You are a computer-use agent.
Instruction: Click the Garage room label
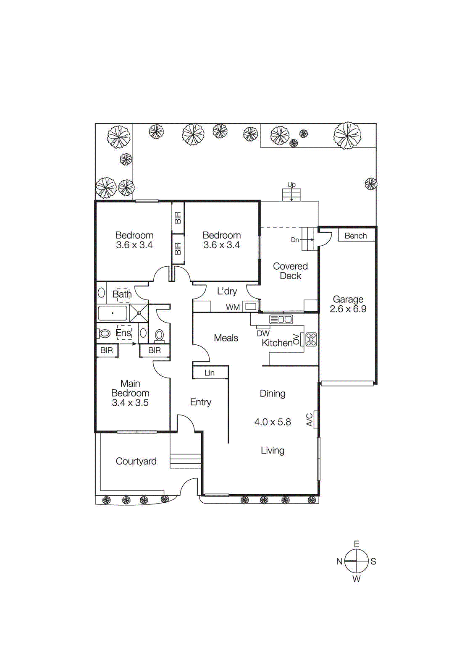(348, 299)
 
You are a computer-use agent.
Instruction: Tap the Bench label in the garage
(356, 236)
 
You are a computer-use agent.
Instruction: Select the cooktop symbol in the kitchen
(311, 339)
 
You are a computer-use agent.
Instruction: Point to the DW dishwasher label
(263, 333)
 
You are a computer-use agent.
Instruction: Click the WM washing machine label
(233, 307)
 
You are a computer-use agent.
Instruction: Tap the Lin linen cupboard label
(210, 373)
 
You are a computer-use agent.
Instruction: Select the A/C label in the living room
(310, 420)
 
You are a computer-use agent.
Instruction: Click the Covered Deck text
(290, 271)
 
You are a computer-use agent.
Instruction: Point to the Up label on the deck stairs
(291, 185)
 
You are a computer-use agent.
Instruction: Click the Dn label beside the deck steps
(295, 240)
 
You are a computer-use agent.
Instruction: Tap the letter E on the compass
(357, 544)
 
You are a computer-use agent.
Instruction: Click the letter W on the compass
(357, 579)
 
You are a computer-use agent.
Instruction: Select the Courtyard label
(136, 461)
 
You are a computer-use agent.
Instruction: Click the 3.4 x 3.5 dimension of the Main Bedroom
(130, 403)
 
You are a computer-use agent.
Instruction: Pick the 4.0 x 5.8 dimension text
(273, 422)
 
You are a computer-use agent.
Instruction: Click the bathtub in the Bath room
(113, 313)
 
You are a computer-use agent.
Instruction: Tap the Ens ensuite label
(123, 333)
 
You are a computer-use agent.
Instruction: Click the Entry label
(200, 402)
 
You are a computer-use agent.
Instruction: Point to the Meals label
(226, 338)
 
